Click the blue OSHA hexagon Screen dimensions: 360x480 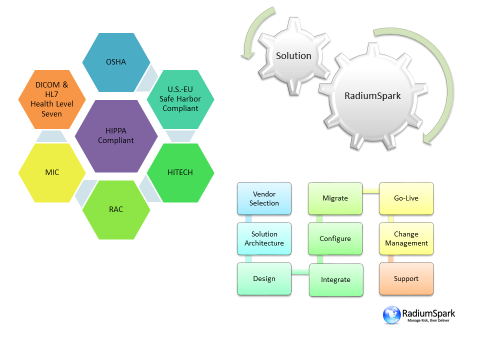pyautogui.click(x=116, y=62)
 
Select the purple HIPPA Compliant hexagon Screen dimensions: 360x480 pyautogui.click(x=116, y=136)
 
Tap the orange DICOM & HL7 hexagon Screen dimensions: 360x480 pyautogui.click(x=52, y=99)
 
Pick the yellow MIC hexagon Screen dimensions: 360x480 pyautogui.click(x=52, y=172)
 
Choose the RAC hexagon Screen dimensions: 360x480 pyautogui.click(x=116, y=209)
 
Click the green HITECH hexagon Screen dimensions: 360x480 pyautogui.click(x=180, y=172)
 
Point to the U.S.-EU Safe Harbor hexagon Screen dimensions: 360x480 pyautogui.click(x=180, y=99)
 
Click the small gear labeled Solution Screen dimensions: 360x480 pyautogui.click(x=293, y=56)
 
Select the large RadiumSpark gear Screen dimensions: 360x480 pyautogui.click(x=372, y=96)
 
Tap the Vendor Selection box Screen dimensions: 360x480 pyautogui.click(x=264, y=198)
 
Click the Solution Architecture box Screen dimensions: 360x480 pyautogui.click(x=264, y=238)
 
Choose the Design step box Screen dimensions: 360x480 pyautogui.click(x=264, y=278)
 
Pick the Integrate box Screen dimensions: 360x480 pyautogui.click(x=335, y=279)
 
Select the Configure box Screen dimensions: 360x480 pyautogui.click(x=335, y=238)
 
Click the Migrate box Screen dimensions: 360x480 pyautogui.click(x=335, y=198)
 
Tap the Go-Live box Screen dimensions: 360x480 pyautogui.click(x=406, y=198)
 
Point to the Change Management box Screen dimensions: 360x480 pyautogui.click(x=406, y=238)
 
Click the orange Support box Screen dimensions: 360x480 pyautogui.click(x=406, y=278)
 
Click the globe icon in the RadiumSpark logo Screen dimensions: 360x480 pyautogui.click(x=392, y=314)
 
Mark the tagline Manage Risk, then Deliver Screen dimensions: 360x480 pyautogui.click(x=428, y=320)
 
